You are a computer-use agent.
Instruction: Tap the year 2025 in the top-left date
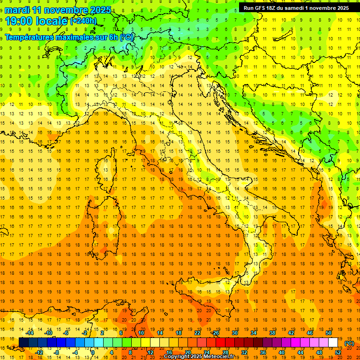(x=99, y=10)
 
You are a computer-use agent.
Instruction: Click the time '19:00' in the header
(x=19, y=21)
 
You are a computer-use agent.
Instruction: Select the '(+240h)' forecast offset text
(x=83, y=21)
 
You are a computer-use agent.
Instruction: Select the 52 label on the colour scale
(x=338, y=352)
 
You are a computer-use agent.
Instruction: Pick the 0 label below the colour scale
(x=92, y=352)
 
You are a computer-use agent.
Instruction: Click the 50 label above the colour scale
(x=329, y=333)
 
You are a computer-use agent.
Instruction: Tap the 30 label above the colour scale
(x=234, y=333)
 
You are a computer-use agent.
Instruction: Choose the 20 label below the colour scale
(x=187, y=352)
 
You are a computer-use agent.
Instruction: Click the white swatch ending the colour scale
(x=333, y=343)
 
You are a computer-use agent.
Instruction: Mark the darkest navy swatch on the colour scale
(x=23, y=343)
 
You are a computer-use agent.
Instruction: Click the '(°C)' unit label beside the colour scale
(x=349, y=343)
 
